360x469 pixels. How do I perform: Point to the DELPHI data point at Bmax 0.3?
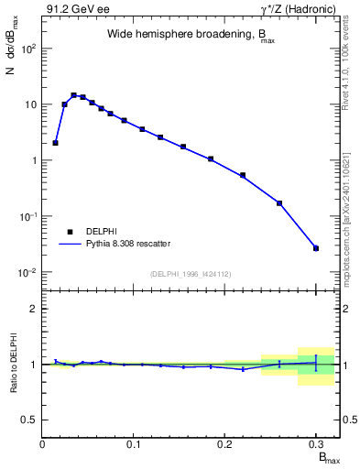316,248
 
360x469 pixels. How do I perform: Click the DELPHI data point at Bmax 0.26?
279,203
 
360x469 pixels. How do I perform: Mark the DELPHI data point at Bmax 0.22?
243,175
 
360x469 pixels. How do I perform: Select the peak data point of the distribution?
74,94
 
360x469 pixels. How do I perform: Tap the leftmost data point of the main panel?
56,143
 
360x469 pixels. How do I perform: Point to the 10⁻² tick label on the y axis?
27,273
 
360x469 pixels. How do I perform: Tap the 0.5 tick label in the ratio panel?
30,420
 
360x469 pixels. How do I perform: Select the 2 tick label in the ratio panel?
34,309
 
